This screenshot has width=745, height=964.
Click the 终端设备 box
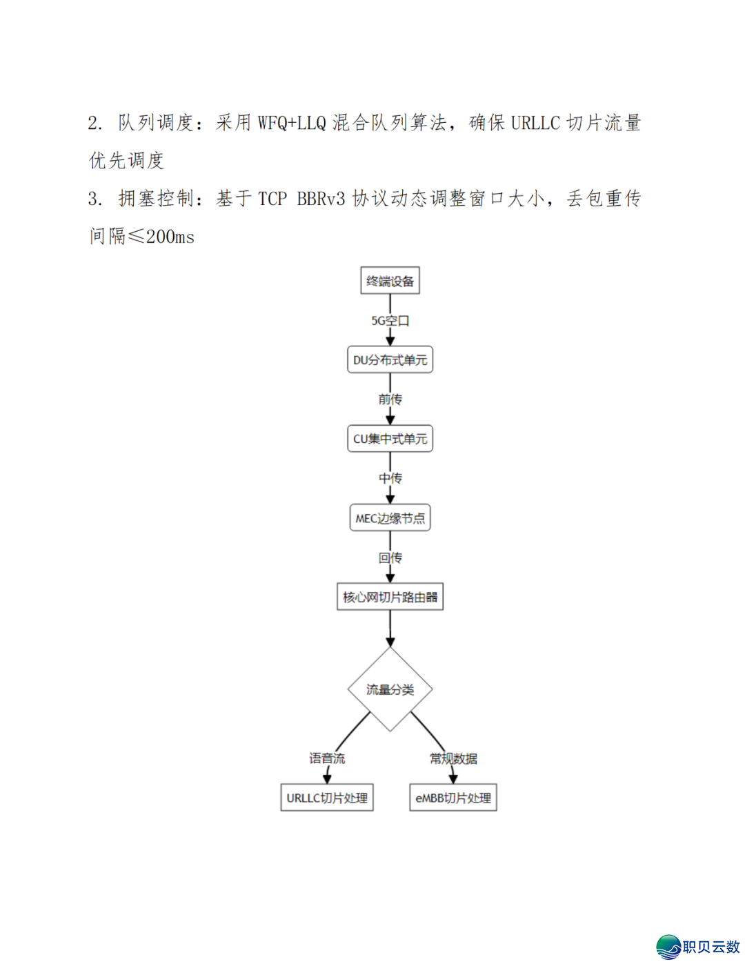click(390, 281)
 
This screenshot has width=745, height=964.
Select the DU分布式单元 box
click(390, 360)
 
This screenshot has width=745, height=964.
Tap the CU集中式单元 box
click(390, 439)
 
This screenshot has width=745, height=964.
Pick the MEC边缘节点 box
click(390, 518)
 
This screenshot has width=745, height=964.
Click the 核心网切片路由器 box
click(390, 597)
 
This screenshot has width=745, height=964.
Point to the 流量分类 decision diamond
click(390, 689)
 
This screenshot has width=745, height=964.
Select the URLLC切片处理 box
click(327, 798)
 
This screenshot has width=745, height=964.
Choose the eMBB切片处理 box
click(453, 798)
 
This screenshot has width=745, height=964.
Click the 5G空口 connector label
click(390, 321)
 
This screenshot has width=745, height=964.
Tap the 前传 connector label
click(390, 400)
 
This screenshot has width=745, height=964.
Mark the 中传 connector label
click(390, 478)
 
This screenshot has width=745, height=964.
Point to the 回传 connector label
click(390, 558)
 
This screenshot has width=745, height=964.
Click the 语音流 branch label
click(327, 758)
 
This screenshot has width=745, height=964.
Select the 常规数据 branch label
click(453, 758)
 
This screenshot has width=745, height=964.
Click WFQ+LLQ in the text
click(292, 124)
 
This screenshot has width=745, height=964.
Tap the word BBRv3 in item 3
click(321, 199)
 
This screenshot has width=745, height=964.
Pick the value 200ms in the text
click(170, 237)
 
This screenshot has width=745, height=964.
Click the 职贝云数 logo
click(698, 947)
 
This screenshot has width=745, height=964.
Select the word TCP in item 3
click(272, 199)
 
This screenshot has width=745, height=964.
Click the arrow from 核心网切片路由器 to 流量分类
click(390, 628)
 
